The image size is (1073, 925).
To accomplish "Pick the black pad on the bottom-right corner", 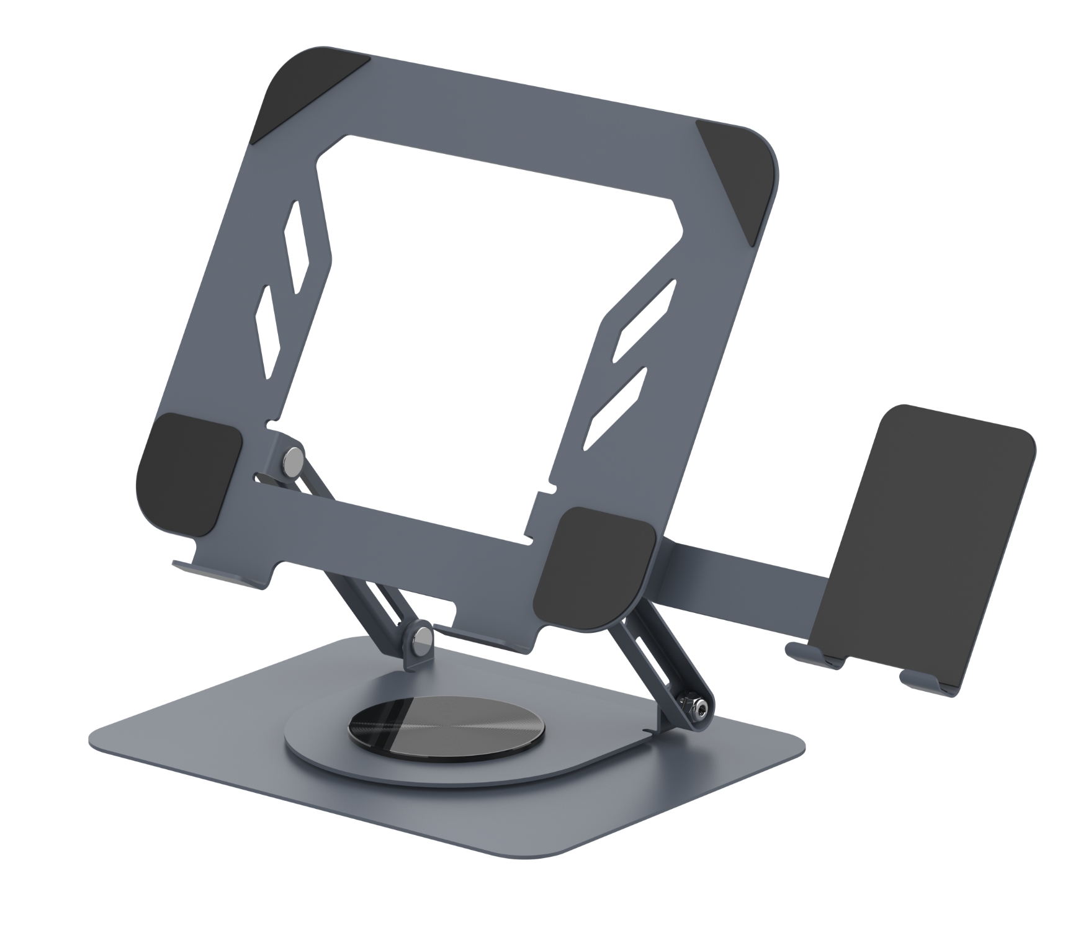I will click(x=593, y=568).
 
